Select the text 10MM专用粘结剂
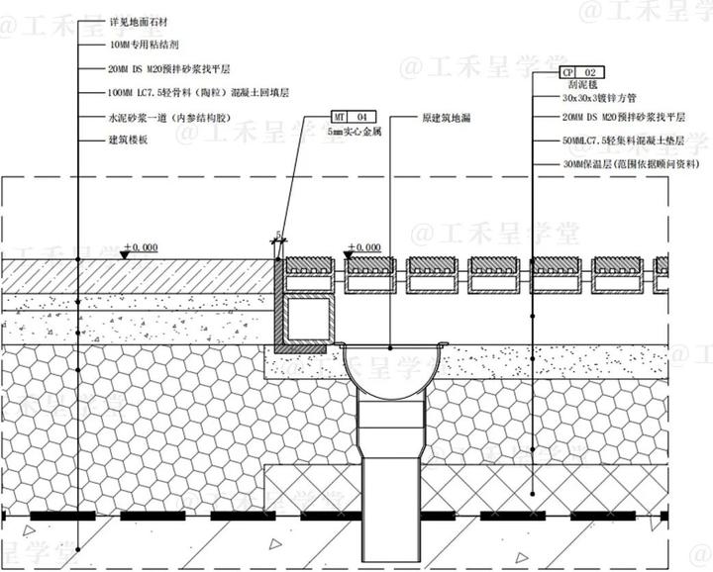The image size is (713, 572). [x=144, y=45]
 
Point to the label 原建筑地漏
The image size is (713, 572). [x=445, y=117]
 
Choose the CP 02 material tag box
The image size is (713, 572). [x=579, y=73]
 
